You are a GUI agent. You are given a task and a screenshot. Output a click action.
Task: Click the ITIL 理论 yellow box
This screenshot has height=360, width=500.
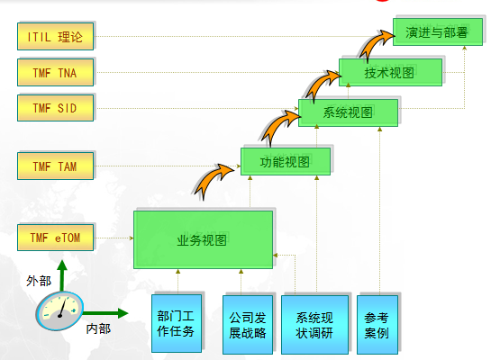tap(54, 37)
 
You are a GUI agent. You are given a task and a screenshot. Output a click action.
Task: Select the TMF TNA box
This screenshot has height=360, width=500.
tap(54, 72)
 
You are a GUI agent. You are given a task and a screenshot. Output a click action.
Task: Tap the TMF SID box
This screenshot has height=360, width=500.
tap(54, 107)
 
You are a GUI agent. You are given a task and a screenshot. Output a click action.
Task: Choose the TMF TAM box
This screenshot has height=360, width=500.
tap(54, 166)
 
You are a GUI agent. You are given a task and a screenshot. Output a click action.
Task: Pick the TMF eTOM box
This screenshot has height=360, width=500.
tap(54, 238)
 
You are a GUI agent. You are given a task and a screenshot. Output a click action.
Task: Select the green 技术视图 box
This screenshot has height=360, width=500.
tap(390, 73)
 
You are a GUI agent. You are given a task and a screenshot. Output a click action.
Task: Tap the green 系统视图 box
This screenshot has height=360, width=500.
tap(348, 112)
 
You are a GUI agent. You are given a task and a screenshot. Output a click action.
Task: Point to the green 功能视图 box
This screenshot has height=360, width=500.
tap(285, 161)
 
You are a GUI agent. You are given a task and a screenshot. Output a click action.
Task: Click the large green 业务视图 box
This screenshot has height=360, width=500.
tap(203, 239)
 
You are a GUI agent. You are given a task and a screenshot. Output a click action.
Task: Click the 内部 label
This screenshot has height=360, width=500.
tap(98, 328)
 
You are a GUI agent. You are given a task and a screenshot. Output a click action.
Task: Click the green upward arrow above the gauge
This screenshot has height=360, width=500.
tap(61, 274)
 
